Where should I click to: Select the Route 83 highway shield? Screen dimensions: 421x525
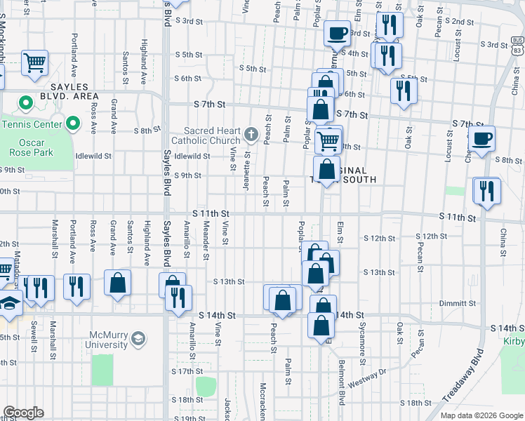[517, 50]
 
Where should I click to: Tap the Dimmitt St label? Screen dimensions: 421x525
[458, 304]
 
